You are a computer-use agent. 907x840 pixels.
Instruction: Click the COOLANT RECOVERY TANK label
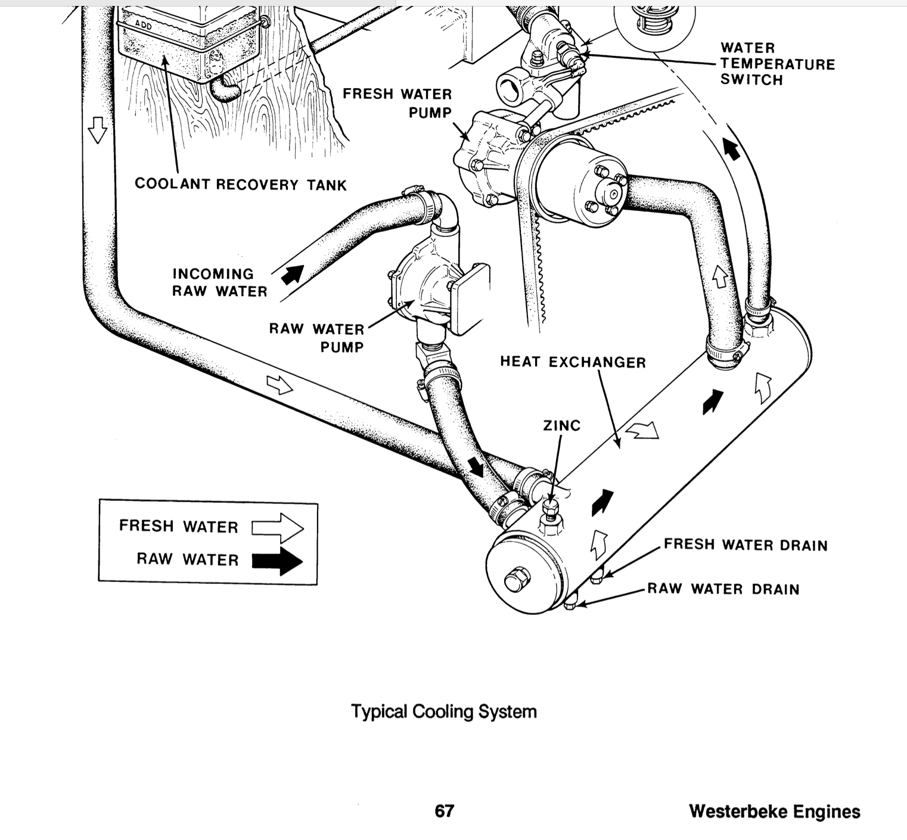(241, 184)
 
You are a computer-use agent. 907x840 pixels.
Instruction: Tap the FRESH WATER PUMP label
(397, 103)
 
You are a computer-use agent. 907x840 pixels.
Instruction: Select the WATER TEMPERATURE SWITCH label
(778, 64)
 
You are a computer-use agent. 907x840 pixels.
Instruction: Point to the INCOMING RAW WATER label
(220, 282)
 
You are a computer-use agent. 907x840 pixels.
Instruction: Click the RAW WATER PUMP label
(317, 338)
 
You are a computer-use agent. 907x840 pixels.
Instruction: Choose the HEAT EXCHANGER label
(573, 362)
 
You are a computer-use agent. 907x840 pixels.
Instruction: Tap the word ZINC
(561, 425)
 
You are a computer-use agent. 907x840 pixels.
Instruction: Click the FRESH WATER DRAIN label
(746, 545)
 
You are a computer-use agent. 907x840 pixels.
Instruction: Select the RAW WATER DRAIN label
(723, 589)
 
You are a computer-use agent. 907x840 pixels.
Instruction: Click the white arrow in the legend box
(278, 528)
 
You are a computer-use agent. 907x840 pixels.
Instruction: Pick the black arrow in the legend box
(278, 561)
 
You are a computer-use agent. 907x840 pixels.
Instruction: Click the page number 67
(444, 811)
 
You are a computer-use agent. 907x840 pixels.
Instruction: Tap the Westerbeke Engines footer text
(775, 811)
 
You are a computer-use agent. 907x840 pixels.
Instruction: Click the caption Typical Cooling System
(444, 711)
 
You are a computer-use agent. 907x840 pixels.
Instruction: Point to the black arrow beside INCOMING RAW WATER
(293, 275)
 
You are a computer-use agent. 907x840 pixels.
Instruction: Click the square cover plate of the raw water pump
(470, 298)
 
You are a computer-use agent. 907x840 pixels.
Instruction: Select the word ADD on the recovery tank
(144, 25)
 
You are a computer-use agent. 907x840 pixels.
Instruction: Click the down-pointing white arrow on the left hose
(97, 129)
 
